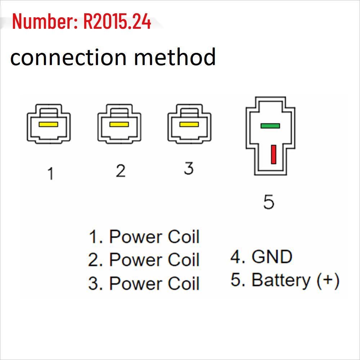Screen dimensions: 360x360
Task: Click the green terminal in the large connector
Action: click(270, 126)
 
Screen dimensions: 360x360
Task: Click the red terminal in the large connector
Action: click(274, 154)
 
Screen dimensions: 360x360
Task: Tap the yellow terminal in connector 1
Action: click(48, 124)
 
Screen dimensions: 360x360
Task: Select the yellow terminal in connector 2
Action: click(119, 124)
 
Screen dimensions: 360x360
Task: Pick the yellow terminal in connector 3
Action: click(189, 124)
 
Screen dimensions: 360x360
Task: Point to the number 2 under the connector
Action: click(121, 171)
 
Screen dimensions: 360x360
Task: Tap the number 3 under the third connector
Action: click(189, 168)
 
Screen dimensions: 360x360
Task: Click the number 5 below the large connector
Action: click(269, 202)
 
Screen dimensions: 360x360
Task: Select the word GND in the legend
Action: click(272, 257)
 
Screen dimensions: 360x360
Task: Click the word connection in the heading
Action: click(68, 58)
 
